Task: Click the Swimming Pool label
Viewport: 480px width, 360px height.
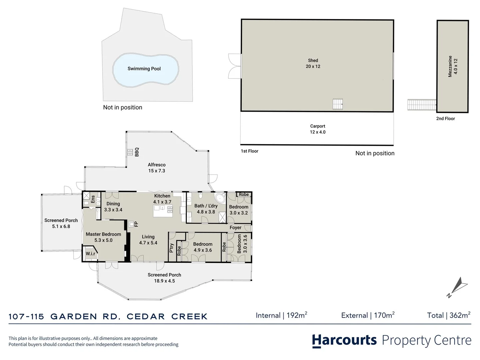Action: click(144, 69)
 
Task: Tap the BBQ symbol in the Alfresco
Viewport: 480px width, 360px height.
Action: click(130, 152)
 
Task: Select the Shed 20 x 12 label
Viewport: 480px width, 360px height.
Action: click(313, 63)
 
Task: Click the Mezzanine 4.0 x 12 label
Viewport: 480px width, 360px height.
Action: click(453, 66)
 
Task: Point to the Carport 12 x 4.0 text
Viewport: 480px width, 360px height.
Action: click(317, 129)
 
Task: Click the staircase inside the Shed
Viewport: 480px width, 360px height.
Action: click(338, 104)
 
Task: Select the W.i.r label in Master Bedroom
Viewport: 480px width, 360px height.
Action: click(90, 253)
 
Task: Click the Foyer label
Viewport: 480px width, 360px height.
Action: click(235, 228)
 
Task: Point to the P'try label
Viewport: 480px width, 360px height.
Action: click(172, 248)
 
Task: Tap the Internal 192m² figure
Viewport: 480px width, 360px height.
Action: click(281, 315)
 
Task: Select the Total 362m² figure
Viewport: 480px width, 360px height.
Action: click(449, 315)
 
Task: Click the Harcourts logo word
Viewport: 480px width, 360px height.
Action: click(344, 340)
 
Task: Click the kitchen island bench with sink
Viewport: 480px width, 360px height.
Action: click(163, 211)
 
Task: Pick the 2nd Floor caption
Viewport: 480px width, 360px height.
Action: click(445, 119)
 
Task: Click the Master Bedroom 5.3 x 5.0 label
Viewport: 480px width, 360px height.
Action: click(103, 237)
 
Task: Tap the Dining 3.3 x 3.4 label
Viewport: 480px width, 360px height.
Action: click(113, 207)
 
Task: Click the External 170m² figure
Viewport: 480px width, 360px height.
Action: click(368, 315)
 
